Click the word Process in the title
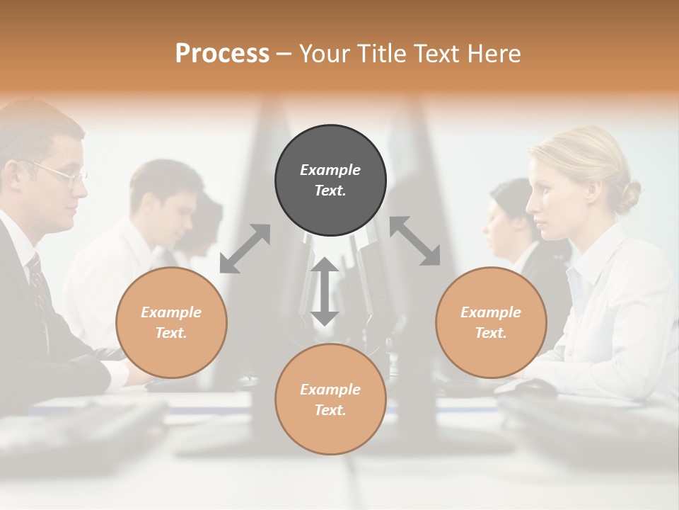coord(222,53)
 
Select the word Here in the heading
coord(494,53)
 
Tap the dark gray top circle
coord(330,180)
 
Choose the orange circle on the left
coord(171,322)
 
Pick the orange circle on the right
coord(491,322)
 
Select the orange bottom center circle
coord(330,399)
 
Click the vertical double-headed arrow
coord(325,291)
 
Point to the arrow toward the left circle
coord(245,249)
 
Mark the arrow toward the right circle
coord(415,241)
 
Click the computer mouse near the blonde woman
coord(532,387)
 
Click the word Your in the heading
coord(327,53)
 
